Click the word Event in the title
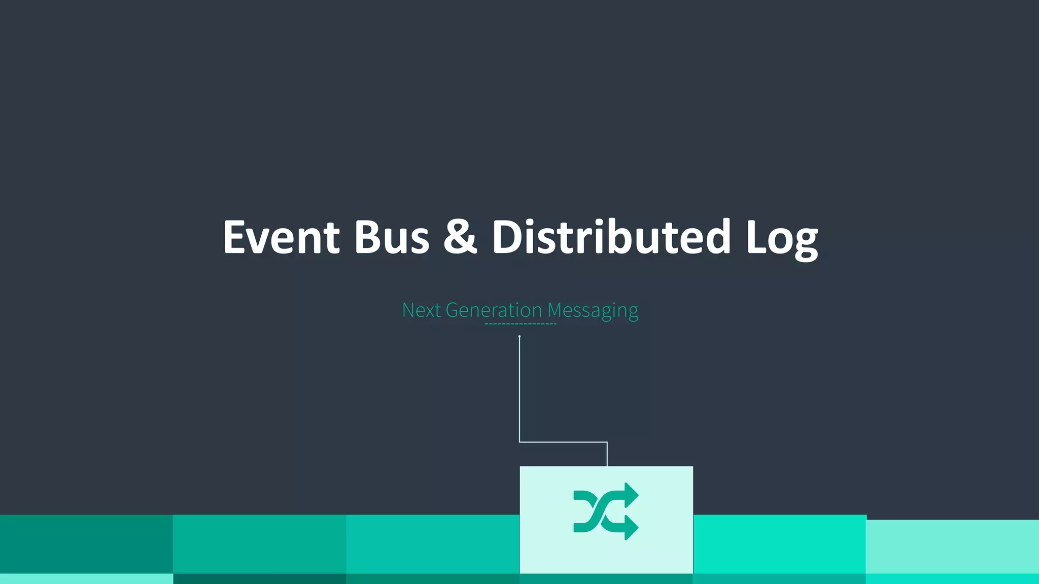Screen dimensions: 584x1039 [x=281, y=237]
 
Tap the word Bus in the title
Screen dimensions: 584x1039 [x=391, y=237]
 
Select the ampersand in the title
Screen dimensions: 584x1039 [x=460, y=237]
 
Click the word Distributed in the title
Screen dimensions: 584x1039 [x=611, y=237]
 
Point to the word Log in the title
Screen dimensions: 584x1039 [x=781, y=238]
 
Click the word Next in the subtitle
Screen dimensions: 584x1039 [x=421, y=310]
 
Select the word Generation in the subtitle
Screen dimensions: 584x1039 [x=494, y=310]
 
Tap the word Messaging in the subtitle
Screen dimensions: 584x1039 [x=593, y=310]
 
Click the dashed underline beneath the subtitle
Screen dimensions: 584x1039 [x=521, y=323]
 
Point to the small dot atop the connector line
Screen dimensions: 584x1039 [x=519, y=337]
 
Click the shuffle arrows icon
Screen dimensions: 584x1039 [x=606, y=511]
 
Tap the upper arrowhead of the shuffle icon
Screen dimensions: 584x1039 [x=631, y=494]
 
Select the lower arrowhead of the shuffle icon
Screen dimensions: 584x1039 [x=631, y=528]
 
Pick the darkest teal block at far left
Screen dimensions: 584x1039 [x=86, y=544]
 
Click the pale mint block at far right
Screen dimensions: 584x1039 [x=952, y=546]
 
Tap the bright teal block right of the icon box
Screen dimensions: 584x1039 [x=780, y=544]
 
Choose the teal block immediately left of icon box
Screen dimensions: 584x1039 [x=433, y=544]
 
